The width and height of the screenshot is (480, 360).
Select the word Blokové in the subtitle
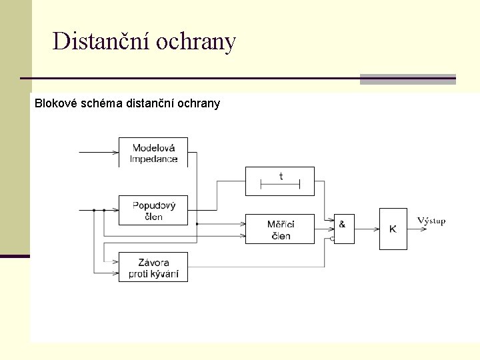click(x=55, y=103)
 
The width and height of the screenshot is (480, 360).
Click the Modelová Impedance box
click(x=153, y=152)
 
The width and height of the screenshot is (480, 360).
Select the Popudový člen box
click(x=153, y=210)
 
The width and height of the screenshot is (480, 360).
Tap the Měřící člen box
click(x=280, y=229)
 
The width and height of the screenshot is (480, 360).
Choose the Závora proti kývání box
click(x=153, y=267)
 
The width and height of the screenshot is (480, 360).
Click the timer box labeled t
click(x=280, y=181)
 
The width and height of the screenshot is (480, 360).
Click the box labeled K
click(x=393, y=229)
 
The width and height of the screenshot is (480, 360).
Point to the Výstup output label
click(x=431, y=221)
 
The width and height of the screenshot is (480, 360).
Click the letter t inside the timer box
click(x=281, y=176)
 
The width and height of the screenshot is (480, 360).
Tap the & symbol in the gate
click(x=342, y=224)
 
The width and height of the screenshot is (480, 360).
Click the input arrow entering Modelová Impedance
click(x=99, y=152)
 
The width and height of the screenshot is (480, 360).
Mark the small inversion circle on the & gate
click(x=332, y=237)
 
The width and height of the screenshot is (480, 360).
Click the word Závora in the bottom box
click(x=153, y=262)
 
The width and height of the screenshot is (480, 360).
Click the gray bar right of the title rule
click(x=407, y=79)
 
